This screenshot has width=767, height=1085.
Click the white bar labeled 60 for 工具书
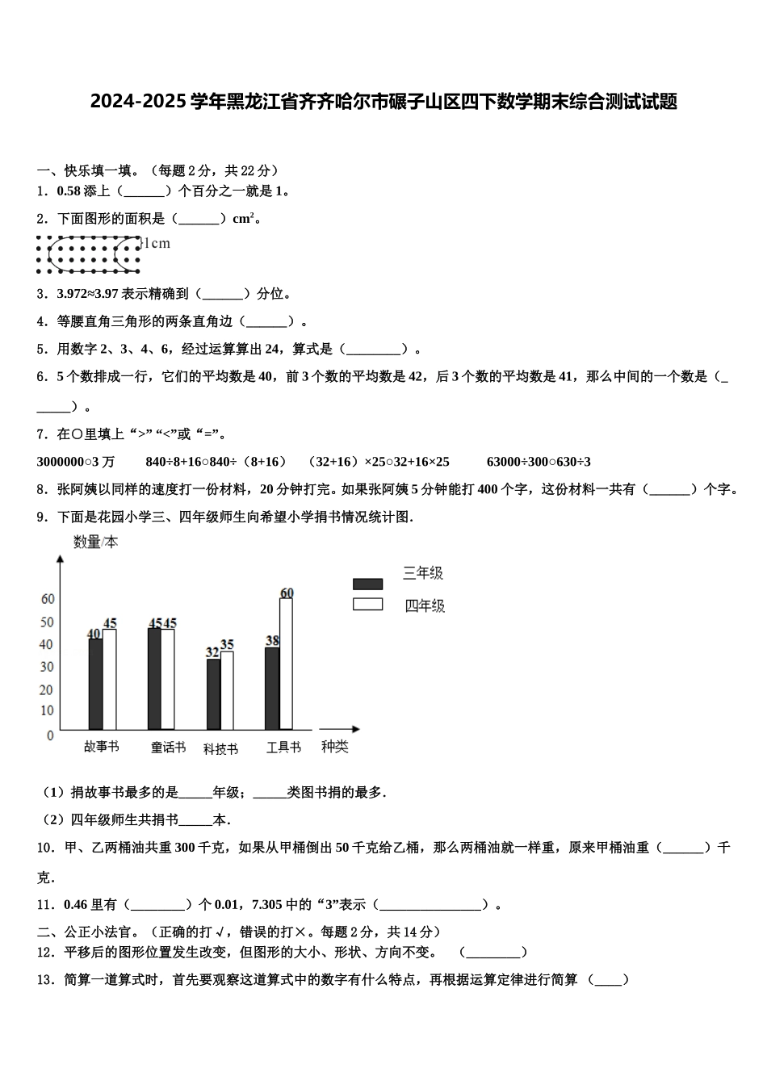(x=286, y=664)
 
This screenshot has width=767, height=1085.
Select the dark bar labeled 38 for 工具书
(x=272, y=688)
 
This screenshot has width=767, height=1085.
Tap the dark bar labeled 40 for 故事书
(x=95, y=684)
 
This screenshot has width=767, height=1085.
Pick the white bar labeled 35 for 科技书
(x=227, y=690)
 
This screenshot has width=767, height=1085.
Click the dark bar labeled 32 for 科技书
(x=213, y=694)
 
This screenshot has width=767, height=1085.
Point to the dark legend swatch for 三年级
(x=367, y=584)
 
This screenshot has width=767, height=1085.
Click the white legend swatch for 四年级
(x=367, y=605)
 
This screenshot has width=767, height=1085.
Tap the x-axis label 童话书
(x=168, y=748)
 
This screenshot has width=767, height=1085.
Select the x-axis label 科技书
(x=220, y=748)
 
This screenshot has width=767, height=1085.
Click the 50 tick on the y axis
(x=47, y=622)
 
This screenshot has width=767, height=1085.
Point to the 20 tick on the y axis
(x=47, y=689)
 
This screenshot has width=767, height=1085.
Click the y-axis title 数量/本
(x=95, y=542)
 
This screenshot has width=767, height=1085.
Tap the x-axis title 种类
(x=334, y=747)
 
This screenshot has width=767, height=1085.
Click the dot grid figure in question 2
(x=89, y=254)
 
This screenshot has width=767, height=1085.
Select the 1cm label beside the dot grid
(x=156, y=243)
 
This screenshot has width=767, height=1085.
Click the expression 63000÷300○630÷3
(x=539, y=462)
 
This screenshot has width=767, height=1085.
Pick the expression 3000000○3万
(x=76, y=462)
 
